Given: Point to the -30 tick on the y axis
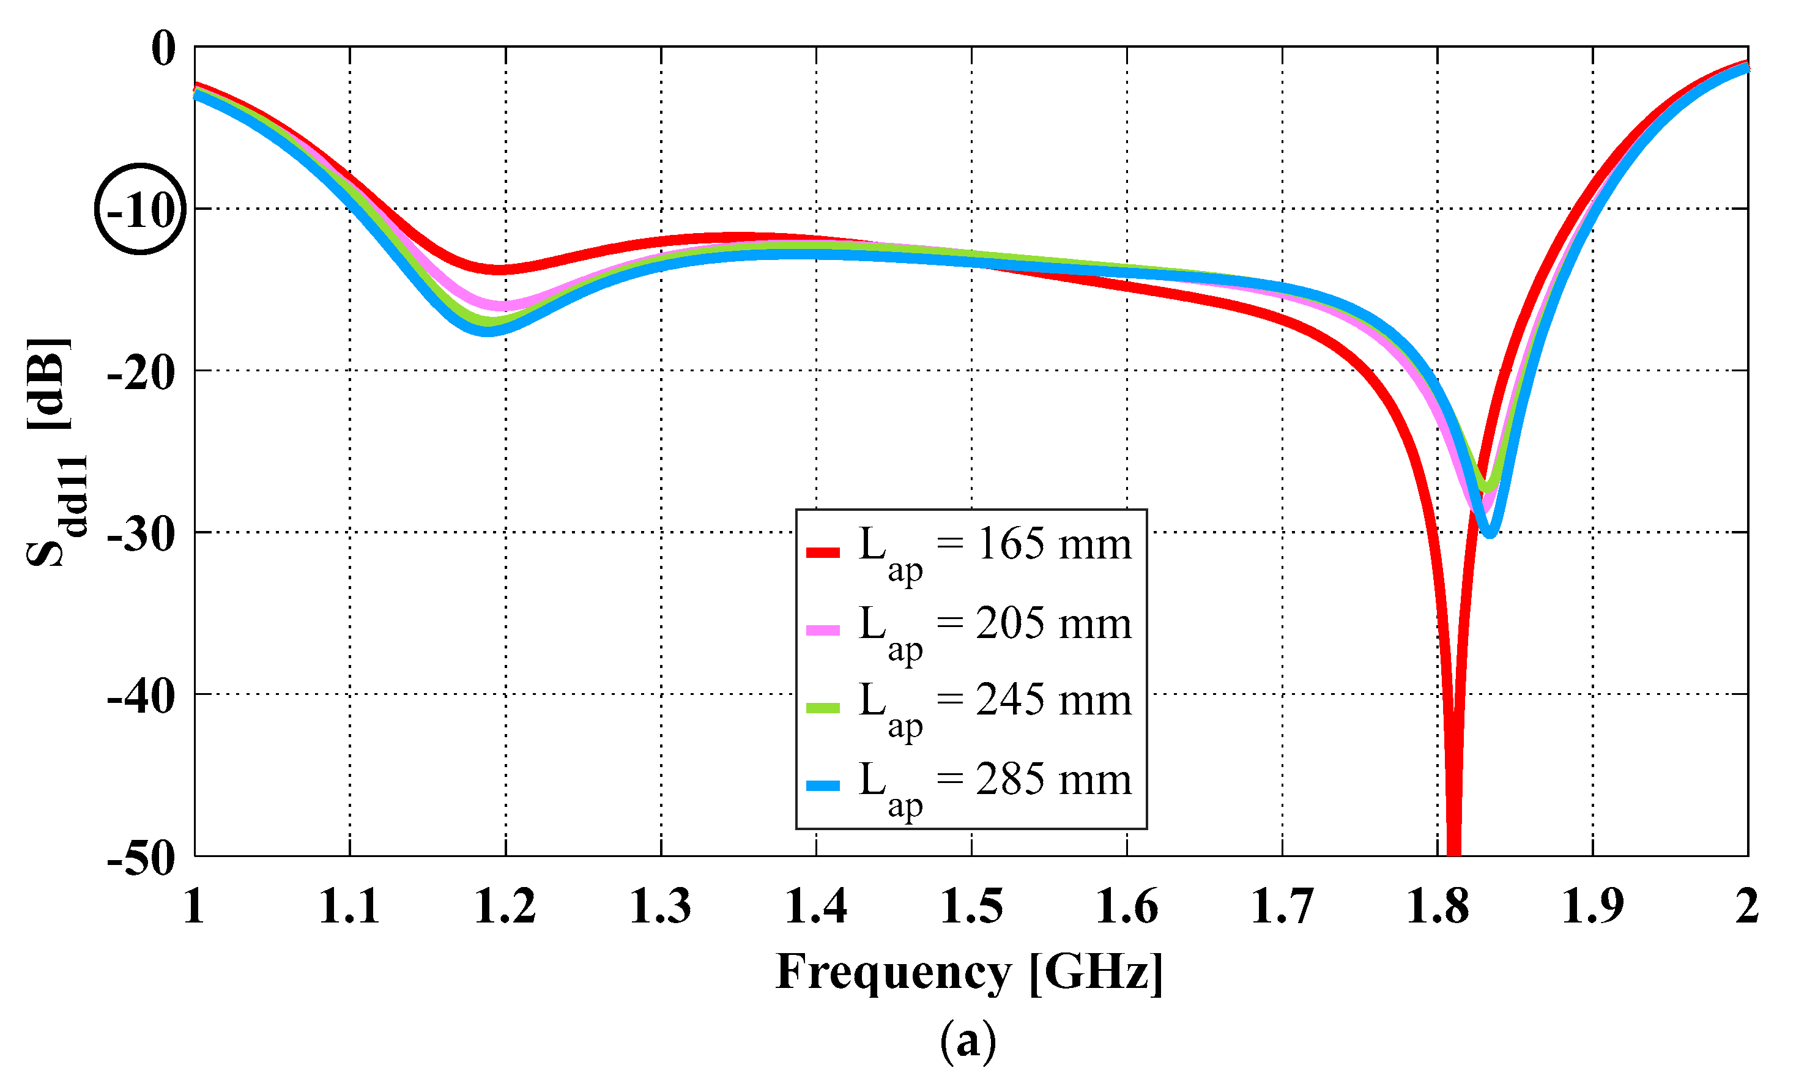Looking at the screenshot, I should [141, 534].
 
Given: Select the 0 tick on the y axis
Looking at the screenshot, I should [163, 49].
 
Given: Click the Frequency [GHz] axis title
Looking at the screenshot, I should [970, 973].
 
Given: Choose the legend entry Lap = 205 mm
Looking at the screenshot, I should [995, 625].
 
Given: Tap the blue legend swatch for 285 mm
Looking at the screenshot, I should [823, 786].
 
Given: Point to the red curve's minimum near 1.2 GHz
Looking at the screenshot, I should [499, 270].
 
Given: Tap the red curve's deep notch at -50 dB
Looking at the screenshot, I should [1453, 849].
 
